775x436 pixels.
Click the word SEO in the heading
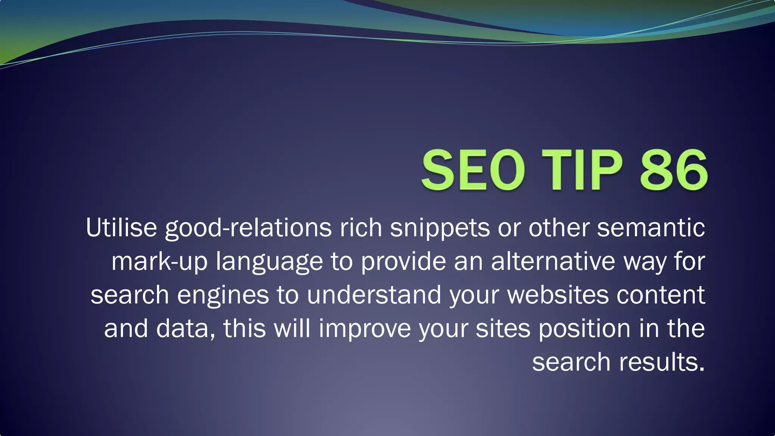[x=473, y=170]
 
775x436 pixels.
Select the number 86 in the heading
[x=674, y=170]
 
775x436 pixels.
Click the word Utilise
[x=121, y=227]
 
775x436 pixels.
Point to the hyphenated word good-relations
[x=248, y=228]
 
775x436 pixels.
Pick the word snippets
[x=440, y=228]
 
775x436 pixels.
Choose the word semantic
[x=651, y=227]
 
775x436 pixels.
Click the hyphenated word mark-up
[x=159, y=262]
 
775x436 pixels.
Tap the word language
[x=269, y=262]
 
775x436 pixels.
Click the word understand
[x=374, y=294]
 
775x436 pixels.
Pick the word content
[x=661, y=294]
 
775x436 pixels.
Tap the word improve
[x=365, y=329]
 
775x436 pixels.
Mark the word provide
[x=403, y=262]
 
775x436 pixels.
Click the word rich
[x=361, y=227]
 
